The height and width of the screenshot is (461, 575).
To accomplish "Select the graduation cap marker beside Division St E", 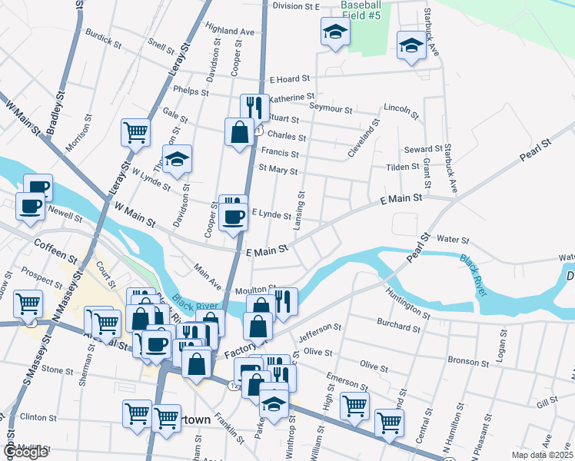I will click(x=335, y=32).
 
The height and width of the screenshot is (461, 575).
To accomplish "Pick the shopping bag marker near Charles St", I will click(x=239, y=131).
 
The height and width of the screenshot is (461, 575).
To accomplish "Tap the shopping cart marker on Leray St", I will click(x=135, y=132).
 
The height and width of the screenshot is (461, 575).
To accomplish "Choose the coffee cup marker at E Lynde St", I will click(x=232, y=216).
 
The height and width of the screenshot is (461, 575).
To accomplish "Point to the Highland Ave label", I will click(x=230, y=30).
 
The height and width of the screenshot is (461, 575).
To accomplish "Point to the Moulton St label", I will click(x=255, y=289).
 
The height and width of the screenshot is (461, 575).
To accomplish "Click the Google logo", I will click(x=25, y=452).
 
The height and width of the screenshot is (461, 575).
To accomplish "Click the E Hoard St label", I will click(x=288, y=78).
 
